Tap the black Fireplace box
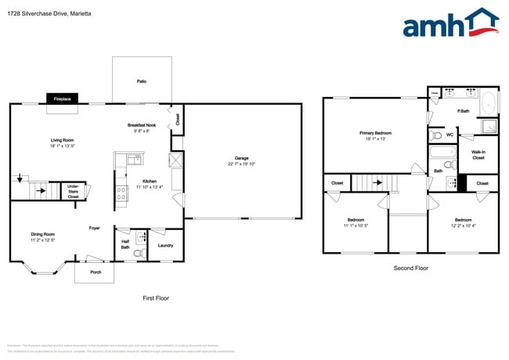coord(62,99)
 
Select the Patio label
coord(142,81)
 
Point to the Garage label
coord(242,160)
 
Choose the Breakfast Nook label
coord(142,125)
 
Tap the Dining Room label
coord(42,234)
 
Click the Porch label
coord(95,272)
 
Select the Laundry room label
coord(165,245)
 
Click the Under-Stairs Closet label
coord(73,190)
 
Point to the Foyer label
coord(94,228)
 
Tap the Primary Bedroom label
coord(375,133)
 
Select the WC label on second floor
coord(449,135)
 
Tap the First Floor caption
coord(155,297)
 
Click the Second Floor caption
coord(411,268)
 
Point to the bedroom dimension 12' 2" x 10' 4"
coord(462,225)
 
